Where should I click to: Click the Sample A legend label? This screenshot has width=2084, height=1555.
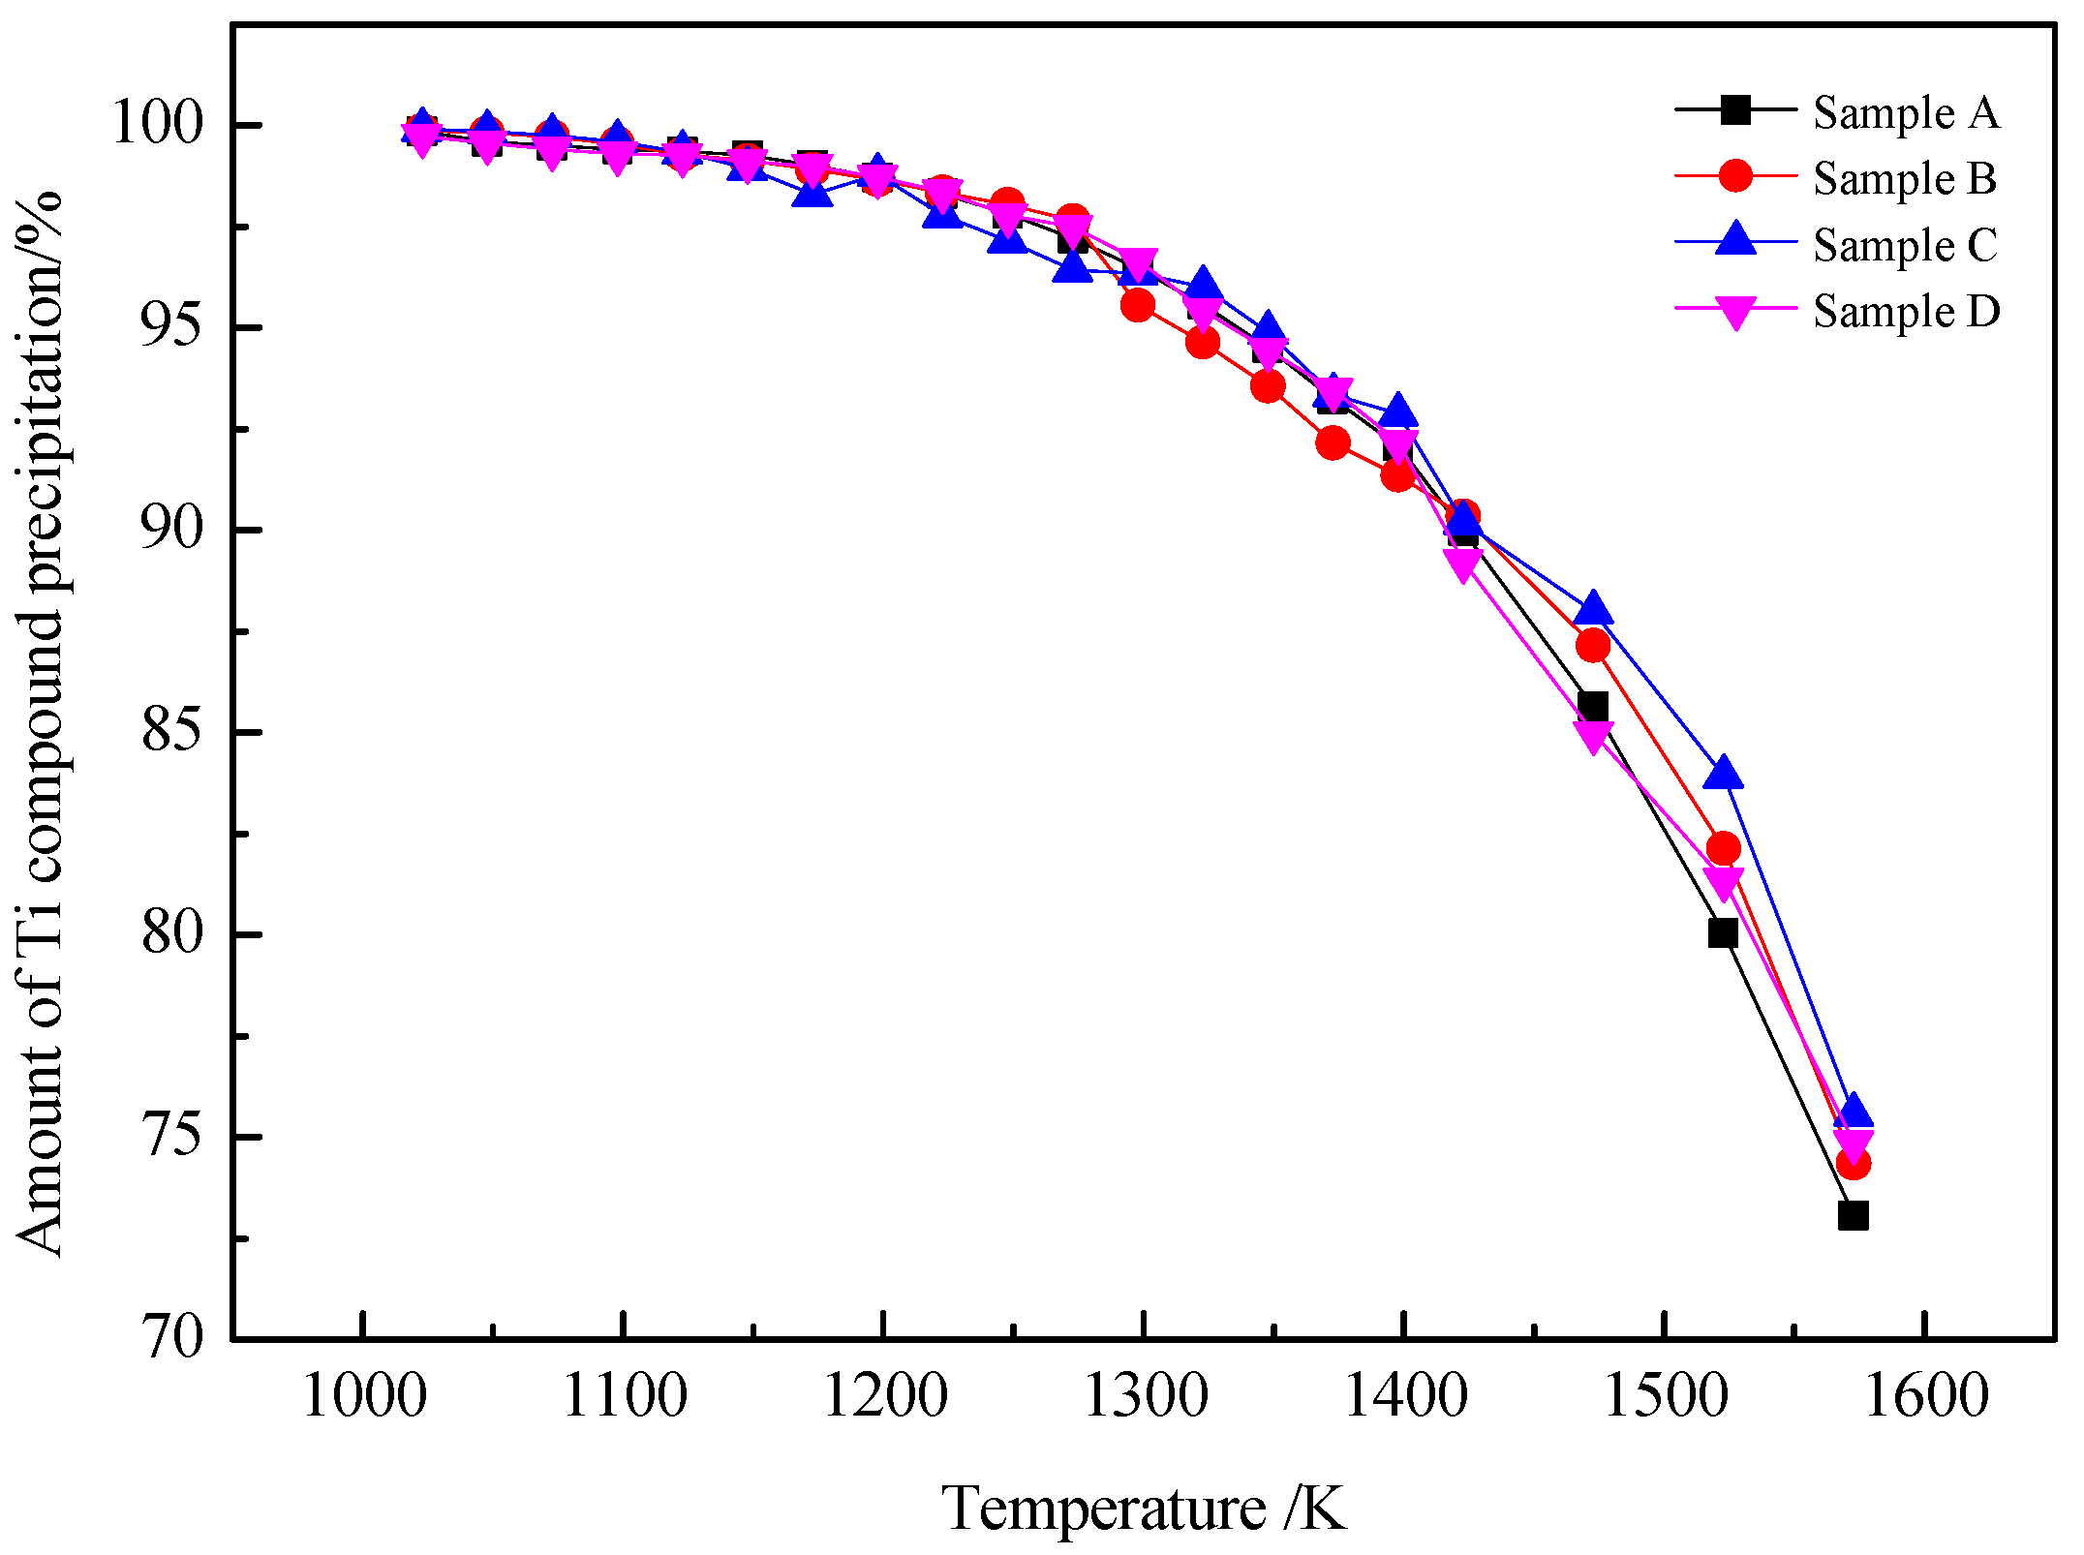1905,113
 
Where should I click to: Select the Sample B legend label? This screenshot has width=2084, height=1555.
1904,179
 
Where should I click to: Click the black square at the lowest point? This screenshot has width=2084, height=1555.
1852,1215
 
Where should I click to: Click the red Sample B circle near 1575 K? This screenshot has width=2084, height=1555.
1853,1163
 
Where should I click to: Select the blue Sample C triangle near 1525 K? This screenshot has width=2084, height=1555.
1723,775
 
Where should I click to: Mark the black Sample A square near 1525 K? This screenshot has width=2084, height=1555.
1723,933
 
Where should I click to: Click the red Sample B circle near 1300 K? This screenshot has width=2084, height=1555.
1138,306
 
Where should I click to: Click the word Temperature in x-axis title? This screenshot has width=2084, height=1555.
1103,1509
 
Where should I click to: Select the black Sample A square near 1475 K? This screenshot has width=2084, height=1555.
1593,707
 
